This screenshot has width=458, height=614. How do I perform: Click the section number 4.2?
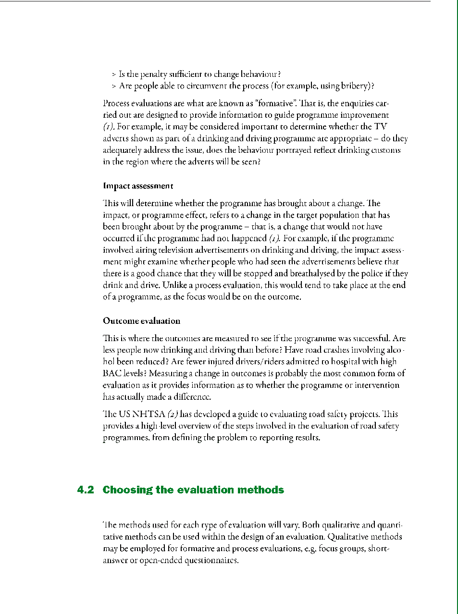coord(85,490)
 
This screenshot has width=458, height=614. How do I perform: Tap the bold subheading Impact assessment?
coord(138,186)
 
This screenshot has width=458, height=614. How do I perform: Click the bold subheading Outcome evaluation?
coord(141,321)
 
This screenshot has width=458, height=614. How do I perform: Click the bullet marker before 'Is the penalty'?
coord(114,74)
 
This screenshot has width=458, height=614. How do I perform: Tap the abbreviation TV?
coord(380,127)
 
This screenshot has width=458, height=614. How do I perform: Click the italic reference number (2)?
coord(173,414)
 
